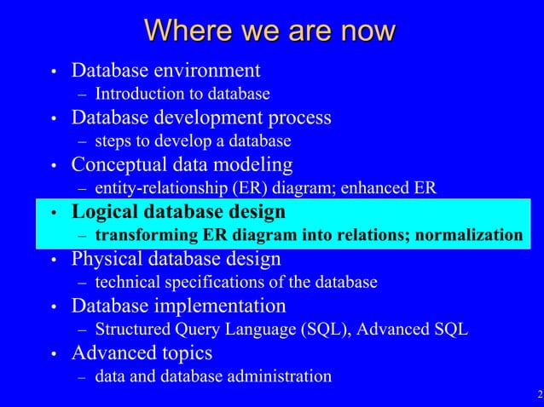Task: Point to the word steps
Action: (x=113, y=140)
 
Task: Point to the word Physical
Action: (x=105, y=257)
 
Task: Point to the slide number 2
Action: (x=539, y=394)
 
